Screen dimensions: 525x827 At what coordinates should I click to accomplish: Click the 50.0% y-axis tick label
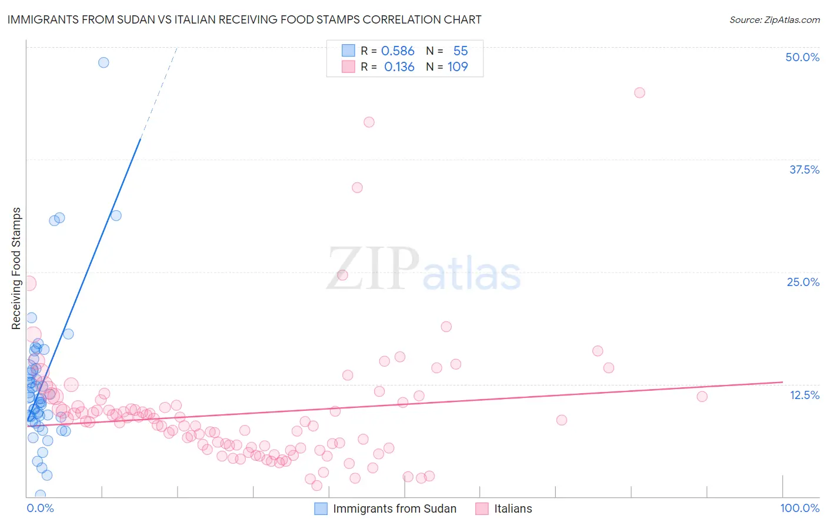802,57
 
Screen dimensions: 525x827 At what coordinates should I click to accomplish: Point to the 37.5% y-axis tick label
804,170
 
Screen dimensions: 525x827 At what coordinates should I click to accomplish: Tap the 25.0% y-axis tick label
803,282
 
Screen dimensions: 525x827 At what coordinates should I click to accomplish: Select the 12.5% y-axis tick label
804,395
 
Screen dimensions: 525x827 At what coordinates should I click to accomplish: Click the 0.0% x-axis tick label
40,508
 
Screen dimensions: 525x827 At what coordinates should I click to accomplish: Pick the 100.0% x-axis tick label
799,508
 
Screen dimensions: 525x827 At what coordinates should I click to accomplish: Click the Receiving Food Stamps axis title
16,268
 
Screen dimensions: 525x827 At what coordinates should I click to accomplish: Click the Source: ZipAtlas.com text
774,19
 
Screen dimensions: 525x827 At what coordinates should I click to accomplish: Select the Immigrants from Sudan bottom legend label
394,509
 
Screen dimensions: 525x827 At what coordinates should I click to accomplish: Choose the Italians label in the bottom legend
513,509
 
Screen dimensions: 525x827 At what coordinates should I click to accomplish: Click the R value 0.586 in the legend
398,51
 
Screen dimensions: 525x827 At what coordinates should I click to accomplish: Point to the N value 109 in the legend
458,67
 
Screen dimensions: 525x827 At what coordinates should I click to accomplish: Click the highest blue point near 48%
104,62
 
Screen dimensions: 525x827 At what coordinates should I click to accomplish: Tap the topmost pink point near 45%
639,92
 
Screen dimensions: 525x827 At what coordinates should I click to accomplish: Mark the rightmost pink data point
702,397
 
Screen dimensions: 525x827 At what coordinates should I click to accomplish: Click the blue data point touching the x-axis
40,495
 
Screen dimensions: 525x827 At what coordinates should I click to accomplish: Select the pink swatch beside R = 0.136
348,67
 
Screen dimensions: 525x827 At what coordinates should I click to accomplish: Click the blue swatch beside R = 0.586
348,51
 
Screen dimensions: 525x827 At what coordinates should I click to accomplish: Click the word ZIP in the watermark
373,269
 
